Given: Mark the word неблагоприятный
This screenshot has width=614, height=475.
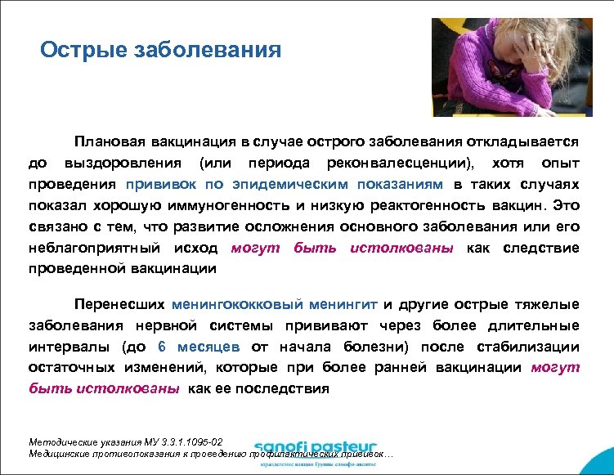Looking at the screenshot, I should [90, 248].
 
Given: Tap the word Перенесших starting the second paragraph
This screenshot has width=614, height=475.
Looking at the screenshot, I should [119, 304].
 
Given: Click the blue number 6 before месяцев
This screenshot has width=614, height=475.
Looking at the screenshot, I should [162, 347].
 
